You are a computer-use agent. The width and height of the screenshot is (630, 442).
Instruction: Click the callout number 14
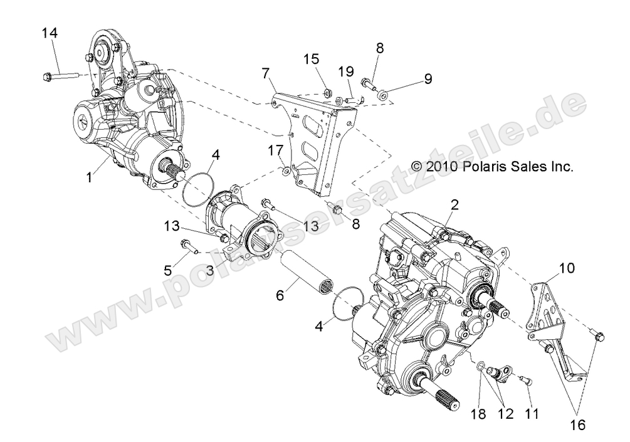pos(50,33)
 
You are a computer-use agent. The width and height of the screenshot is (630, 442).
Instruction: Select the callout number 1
pos(89,177)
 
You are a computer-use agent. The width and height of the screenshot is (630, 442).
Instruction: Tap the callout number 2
pos(454,203)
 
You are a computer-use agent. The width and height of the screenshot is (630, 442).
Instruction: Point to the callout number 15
pos(312,60)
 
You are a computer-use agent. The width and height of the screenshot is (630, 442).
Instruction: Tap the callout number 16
pos(577,425)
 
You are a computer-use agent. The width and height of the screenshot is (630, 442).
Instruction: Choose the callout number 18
pos(479,414)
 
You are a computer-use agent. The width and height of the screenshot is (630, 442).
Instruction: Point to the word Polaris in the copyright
pos(486,167)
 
